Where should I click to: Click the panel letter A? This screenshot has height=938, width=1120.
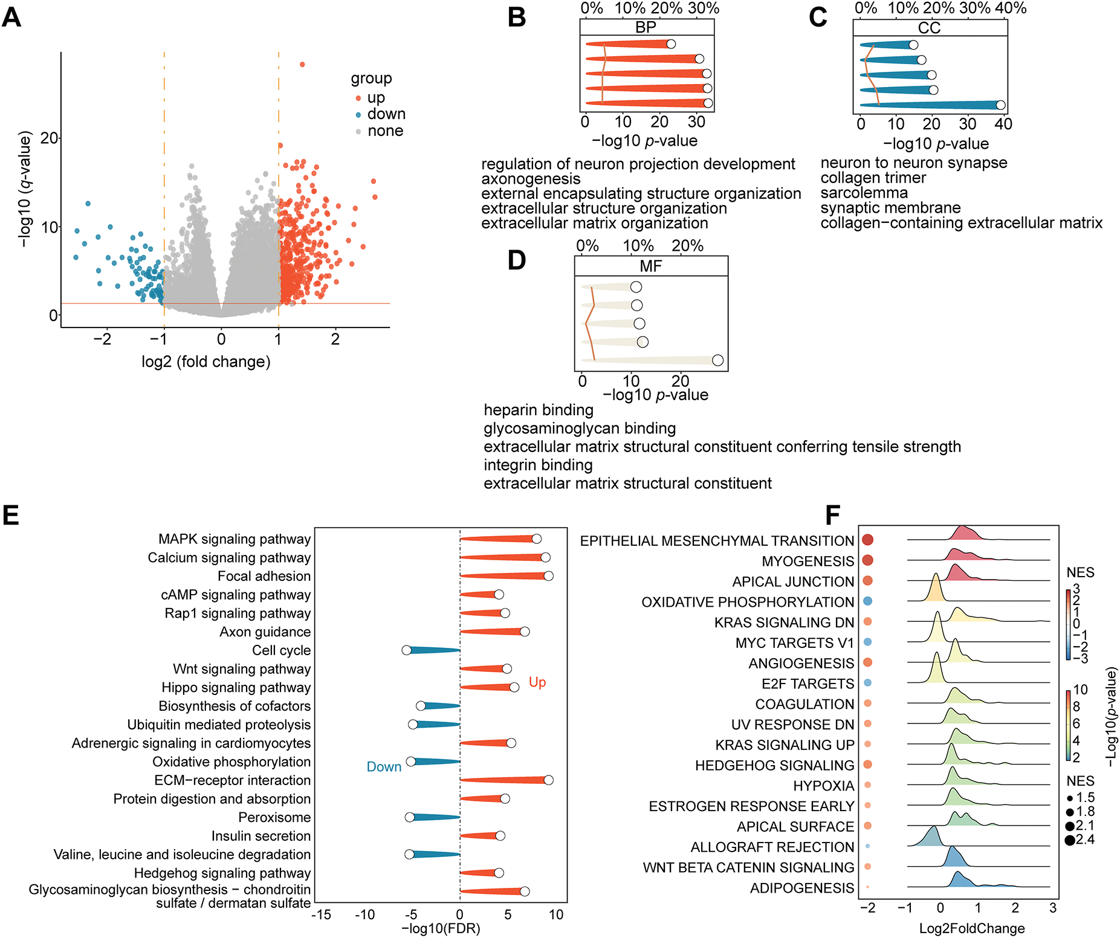pos(11,17)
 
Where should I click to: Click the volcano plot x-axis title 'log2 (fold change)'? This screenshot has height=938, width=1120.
pos(206,361)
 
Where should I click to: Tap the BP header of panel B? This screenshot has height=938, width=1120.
pos(646,27)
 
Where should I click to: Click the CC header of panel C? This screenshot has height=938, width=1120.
pos(929,28)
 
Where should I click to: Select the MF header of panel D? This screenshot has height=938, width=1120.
pos(650,266)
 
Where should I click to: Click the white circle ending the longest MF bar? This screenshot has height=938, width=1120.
pos(717,360)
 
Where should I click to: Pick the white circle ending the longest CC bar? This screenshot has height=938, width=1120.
pos(1000,105)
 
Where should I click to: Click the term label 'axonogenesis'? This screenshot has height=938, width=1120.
pos(531,179)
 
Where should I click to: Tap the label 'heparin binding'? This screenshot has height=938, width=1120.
pos(539,410)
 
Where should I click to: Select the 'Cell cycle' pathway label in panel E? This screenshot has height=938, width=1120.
pos(281,650)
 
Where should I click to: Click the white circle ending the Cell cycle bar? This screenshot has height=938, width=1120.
pos(407,650)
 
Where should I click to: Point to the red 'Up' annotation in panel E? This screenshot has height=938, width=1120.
pos(537,682)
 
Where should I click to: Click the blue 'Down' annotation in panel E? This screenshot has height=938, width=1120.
pos(384,766)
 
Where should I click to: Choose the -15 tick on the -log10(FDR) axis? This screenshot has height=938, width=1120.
pos(321,914)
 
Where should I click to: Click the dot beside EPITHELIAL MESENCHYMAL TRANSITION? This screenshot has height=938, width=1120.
pos(867,540)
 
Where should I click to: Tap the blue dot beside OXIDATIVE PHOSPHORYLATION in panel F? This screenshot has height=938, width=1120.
pos(867,601)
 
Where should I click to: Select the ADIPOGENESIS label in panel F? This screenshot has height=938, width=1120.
pos(801,888)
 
